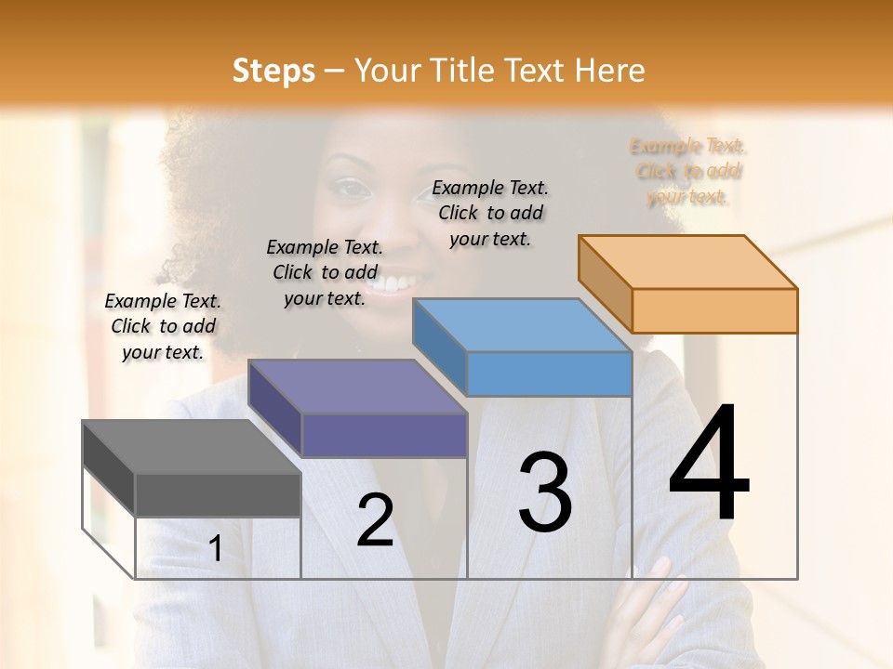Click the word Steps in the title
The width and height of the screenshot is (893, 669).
tap(273, 71)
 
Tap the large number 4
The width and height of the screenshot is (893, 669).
tap(710, 464)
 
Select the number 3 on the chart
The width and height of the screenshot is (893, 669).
tap(545, 493)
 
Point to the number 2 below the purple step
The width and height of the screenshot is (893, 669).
tap(375, 521)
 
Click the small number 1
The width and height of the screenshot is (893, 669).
tap(215, 549)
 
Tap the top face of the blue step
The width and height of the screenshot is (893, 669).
tap(522, 325)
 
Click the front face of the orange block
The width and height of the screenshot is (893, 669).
tap(714, 310)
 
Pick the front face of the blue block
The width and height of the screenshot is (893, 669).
tap(549, 374)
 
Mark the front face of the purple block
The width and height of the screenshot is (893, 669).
tap(384, 435)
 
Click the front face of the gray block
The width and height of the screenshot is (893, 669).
tap(219, 495)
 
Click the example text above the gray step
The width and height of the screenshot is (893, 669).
tap(163, 326)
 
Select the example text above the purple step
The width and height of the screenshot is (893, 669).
tap(325, 272)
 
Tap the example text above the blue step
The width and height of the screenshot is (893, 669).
tap(490, 213)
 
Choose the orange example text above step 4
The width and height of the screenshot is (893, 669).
tap(688, 171)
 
